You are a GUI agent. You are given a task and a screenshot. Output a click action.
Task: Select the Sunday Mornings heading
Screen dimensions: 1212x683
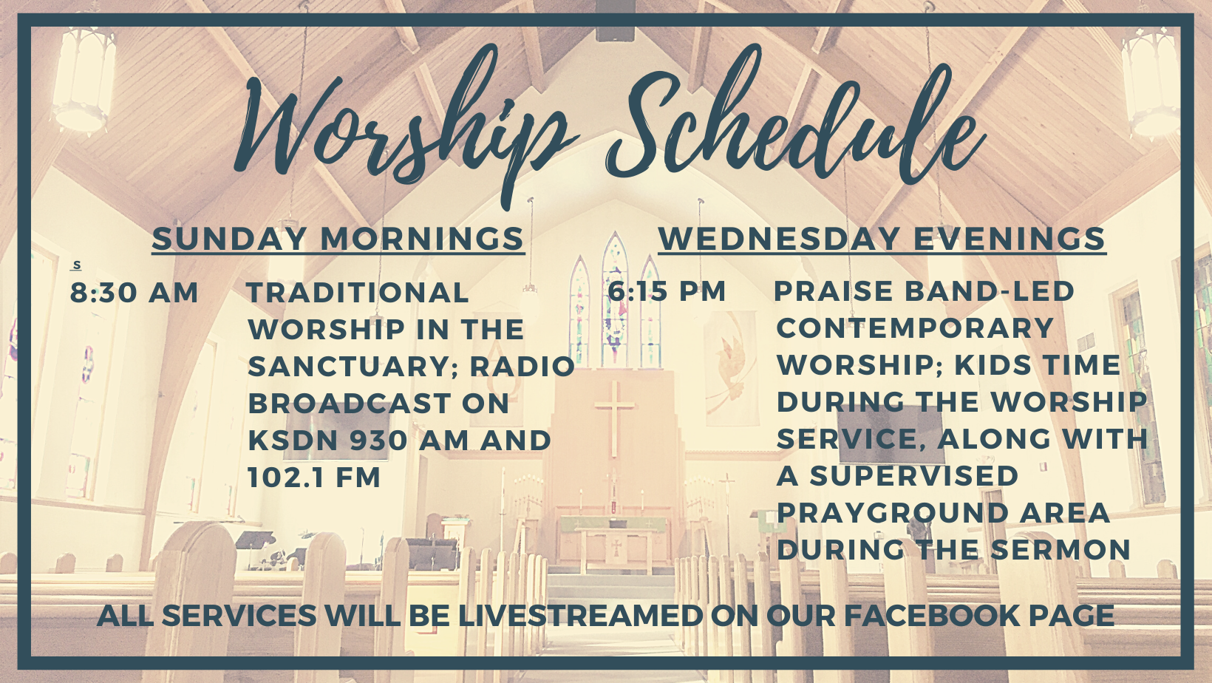[x=338, y=239]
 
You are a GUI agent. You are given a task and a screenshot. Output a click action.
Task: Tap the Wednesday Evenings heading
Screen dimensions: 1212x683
[x=882, y=239]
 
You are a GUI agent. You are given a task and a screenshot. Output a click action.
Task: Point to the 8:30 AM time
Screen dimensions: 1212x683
[x=135, y=293]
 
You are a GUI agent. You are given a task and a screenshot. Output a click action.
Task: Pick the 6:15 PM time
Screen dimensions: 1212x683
[x=667, y=291]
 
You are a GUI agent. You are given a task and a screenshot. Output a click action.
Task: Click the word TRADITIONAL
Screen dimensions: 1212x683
[x=358, y=293]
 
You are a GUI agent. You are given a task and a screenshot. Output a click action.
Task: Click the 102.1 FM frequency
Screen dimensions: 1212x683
[x=314, y=478]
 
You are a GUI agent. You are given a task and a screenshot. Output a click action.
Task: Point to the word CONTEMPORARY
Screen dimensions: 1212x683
[x=915, y=328]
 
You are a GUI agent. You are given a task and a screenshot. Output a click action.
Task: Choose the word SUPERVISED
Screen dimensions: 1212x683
[x=914, y=476]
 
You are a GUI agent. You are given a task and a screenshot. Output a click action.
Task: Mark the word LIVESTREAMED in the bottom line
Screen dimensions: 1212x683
[x=581, y=615]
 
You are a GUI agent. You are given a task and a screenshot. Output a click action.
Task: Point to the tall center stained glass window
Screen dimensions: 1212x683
[x=615, y=300]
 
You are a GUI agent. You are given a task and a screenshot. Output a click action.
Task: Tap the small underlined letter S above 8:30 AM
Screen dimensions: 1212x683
[x=77, y=265]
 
